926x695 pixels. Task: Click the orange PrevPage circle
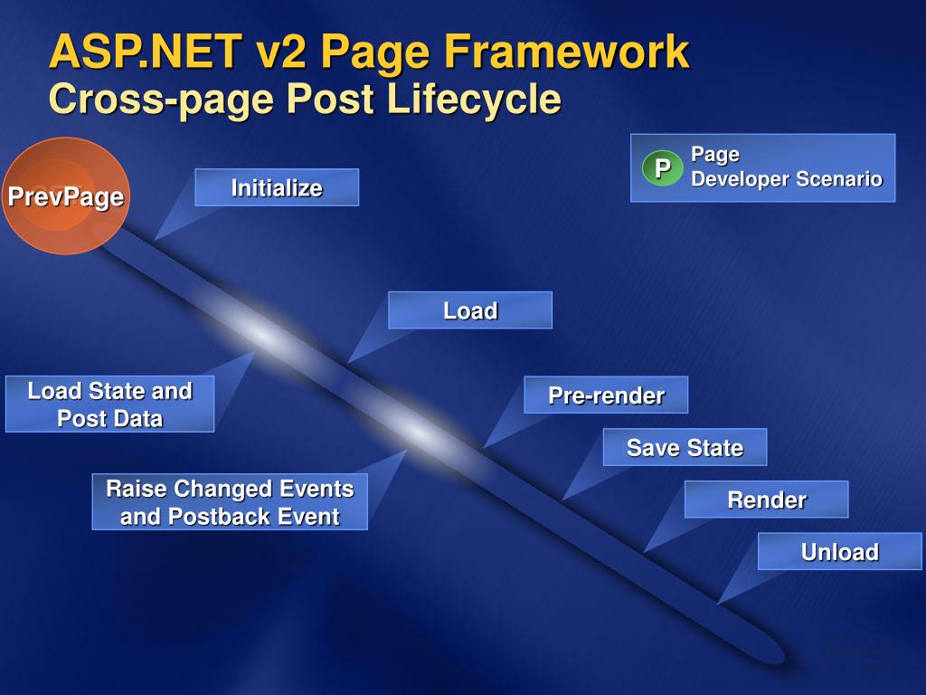65,195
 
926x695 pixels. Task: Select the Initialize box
277,187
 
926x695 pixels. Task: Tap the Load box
470,310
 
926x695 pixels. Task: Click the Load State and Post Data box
109,404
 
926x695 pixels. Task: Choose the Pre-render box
606,395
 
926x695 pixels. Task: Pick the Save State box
685,447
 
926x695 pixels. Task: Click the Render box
766,500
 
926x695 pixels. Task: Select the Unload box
839,551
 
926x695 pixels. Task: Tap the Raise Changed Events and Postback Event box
230,502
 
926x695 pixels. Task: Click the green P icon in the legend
663,168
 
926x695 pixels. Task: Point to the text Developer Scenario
787,179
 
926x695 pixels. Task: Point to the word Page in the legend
715,154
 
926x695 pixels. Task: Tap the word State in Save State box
714,447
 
